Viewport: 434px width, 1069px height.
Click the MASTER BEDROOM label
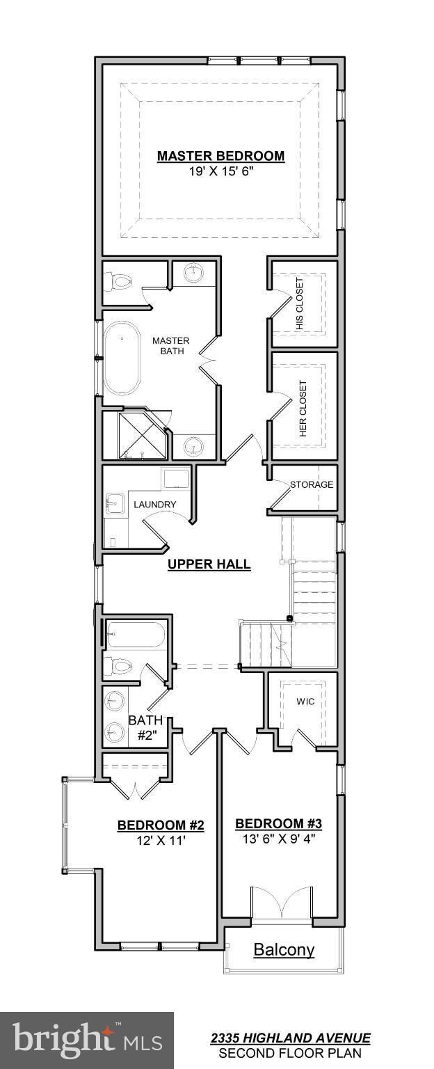click(x=220, y=156)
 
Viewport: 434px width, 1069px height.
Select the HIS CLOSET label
click(x=299, y=303)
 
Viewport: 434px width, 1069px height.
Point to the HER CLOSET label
click(x=303, y=408)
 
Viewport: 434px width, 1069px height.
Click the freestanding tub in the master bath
click(x=122, y=358)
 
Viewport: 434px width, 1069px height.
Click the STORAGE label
click(x=312, y=485)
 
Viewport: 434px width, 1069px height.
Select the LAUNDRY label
click(x=154, y=505)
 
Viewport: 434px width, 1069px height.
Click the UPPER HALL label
click(x=209, y=564)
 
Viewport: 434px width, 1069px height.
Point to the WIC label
click(x=305, y=702)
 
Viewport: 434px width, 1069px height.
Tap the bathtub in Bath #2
click(x=136, y=634)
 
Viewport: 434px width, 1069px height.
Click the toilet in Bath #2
click(x=119, y=666)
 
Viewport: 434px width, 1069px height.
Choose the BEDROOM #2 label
click(x=161, y=825)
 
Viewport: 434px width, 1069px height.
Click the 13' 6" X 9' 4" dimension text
click(x=279, y=839)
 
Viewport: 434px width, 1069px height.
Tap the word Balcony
click(x=284, y=950)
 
